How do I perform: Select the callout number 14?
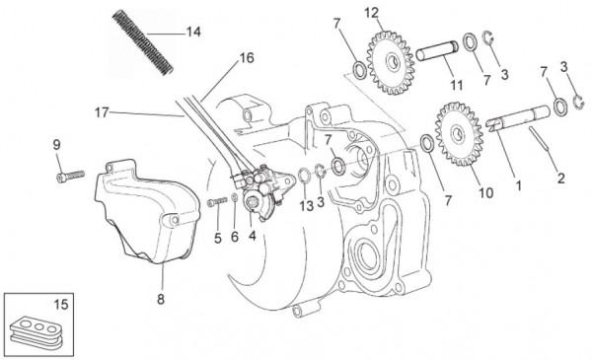coord(193,32)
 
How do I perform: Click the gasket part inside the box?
coord(37,329)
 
